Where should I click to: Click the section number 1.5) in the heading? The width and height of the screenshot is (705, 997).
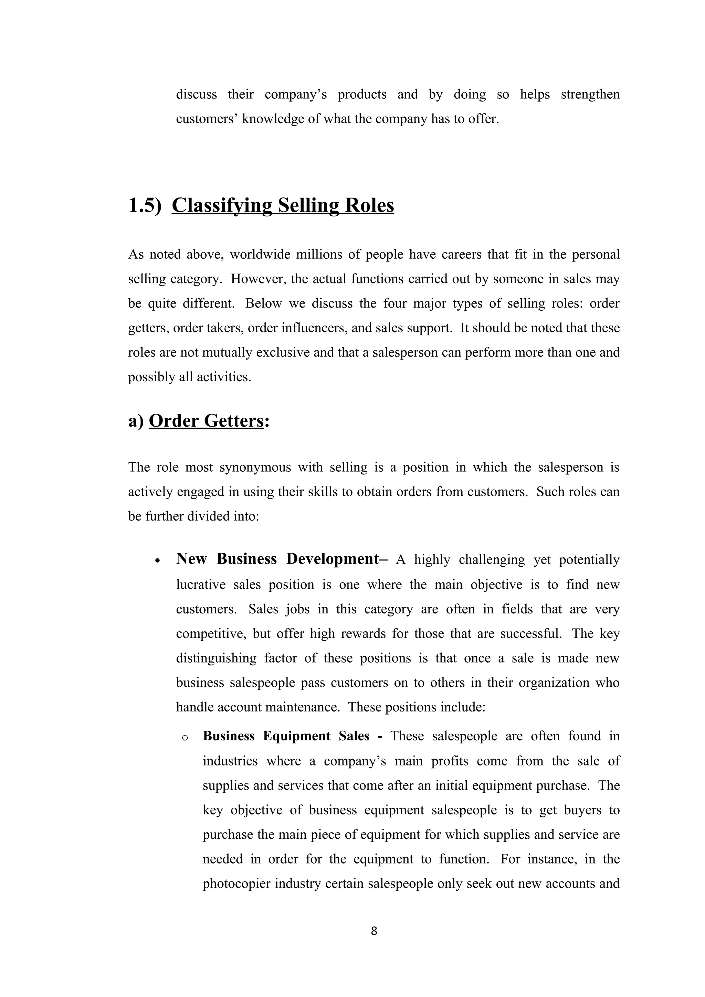[145, 205]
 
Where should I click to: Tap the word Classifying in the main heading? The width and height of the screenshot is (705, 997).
[222, 205]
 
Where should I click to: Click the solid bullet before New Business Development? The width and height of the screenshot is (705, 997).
[158, 560]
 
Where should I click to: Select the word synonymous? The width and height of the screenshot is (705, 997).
[255, 467]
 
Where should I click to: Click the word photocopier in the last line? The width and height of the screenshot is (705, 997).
[236, 883]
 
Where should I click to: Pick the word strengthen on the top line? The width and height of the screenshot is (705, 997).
[590, 94]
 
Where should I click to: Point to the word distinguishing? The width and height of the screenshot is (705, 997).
[216, 658]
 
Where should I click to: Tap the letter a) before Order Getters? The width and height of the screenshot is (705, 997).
[136, 421]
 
